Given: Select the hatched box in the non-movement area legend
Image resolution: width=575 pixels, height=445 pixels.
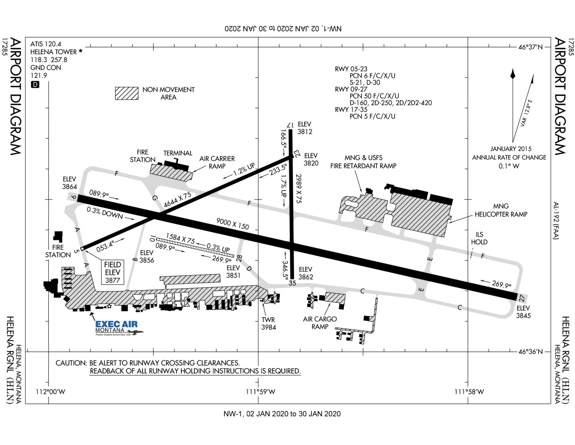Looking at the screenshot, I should [x=127, y=93].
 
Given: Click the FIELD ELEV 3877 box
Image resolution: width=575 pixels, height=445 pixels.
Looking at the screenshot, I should [x=113, y=272].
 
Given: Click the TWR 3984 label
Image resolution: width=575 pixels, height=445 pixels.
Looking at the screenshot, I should [x=268, y=323].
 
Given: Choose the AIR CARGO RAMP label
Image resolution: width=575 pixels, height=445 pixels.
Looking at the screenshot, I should [x=320, y=323].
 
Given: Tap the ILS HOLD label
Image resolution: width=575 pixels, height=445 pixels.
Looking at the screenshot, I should [x=479, y=238].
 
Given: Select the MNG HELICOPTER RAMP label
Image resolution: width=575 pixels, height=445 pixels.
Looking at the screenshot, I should [x=501, y=210].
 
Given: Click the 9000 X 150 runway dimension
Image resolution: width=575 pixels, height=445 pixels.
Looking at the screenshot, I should [x=233, y=224].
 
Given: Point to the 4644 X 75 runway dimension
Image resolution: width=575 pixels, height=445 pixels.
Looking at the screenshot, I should [x=178, y=200].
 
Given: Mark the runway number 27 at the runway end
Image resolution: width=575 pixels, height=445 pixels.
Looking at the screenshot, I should [x=522, y=297].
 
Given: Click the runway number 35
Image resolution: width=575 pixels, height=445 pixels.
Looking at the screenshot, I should [x=292, y=283].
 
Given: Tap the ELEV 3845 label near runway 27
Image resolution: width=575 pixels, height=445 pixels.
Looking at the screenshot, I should [x=523, y=312].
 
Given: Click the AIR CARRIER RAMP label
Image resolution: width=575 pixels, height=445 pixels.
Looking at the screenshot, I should [x=217, y=162].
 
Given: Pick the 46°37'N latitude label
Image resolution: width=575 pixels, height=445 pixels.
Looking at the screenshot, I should [x=530, y=47].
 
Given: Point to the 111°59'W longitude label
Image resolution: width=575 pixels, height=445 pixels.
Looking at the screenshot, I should [x=261, y=392].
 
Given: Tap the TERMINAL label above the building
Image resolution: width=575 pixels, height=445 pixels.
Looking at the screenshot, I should [x=178, y=153].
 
